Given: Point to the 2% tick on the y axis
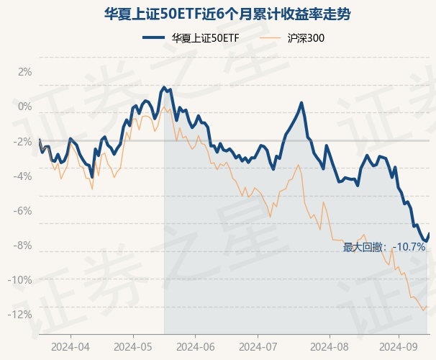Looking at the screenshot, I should (x=24, y=72).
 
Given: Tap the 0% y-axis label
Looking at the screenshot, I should (x=24, y=107).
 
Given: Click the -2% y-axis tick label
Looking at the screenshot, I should (x=23, y=141).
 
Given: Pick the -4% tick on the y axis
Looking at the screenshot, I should (x=23, y=176).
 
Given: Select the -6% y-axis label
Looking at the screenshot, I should (x=23, y=210).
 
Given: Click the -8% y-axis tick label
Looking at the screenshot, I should (x=23, y=245).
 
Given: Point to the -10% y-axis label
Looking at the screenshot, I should (x=21, y=279).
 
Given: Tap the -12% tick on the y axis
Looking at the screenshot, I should (x=21, y=314).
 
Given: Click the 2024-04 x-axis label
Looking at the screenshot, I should (x=71, y=345).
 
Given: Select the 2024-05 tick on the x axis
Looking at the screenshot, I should (x=133, y=345).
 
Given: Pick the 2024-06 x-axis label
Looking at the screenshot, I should (x=196, y=345).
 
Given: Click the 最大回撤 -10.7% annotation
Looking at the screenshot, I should (x=384, y=247).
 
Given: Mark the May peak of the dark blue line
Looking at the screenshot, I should (x=164, y=87).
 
